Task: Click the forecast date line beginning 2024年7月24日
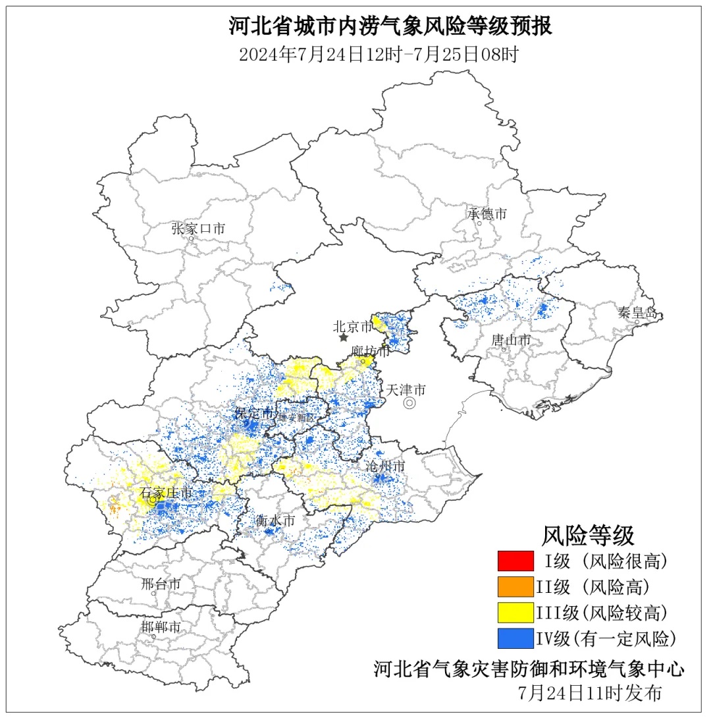379,54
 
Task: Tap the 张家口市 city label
197,229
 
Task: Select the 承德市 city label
487,213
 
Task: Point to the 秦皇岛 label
637,312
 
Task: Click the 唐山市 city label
511,340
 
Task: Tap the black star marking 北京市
343,337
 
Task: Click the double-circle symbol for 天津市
409,403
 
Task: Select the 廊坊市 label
370,352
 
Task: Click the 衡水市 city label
275,520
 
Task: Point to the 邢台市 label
161,584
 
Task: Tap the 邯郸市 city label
161,626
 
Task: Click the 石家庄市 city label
167,493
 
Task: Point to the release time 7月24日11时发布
589,692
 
